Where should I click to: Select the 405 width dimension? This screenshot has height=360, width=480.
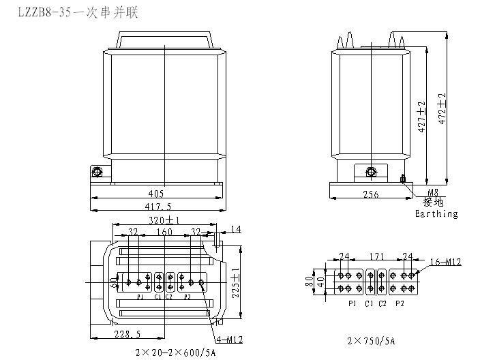(156, 194)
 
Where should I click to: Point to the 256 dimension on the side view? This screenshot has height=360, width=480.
(370, 194)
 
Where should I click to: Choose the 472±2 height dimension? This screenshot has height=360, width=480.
(442, 106)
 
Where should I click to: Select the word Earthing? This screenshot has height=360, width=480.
(436, 213)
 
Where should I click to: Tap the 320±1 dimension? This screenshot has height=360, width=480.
(165, 220)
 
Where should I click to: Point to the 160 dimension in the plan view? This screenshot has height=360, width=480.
(165, 232)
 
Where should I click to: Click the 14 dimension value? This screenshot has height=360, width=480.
(237, 228)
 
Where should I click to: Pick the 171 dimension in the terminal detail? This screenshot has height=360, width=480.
(372, 256)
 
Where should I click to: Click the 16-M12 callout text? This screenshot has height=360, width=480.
(446, 261)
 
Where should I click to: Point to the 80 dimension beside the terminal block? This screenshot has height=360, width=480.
(309, 281)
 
